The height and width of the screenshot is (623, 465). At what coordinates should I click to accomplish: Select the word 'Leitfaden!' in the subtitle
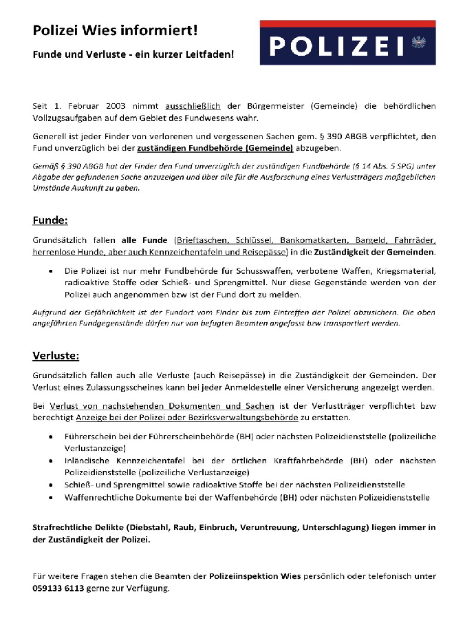coord(210,53)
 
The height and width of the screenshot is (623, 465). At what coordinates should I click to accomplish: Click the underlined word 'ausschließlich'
coord(193,106)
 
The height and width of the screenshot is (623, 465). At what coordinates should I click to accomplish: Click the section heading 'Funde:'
coord(50,220)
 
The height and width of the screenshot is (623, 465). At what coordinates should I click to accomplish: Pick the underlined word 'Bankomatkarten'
coord(312,240)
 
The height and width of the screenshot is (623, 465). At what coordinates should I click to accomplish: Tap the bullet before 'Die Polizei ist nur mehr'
coord(52,271)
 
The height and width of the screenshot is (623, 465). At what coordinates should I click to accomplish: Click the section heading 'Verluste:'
coord(56,355)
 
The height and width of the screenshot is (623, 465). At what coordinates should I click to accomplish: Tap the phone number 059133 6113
coord(58,588)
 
